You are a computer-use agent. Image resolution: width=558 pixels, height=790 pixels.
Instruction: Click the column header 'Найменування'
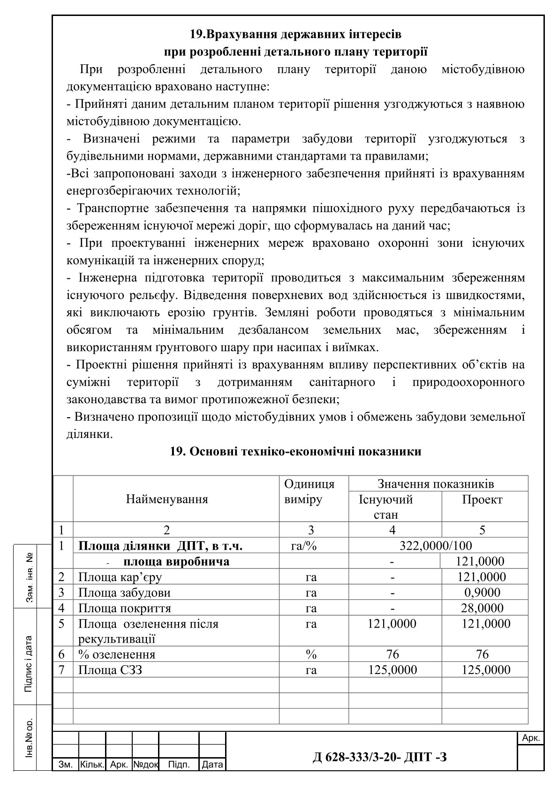[166, 499]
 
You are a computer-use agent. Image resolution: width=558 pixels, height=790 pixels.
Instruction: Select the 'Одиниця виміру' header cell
[309, 491]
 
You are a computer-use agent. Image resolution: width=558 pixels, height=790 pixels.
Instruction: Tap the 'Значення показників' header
[436, 484]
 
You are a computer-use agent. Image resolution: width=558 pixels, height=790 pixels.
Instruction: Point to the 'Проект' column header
[482, 499]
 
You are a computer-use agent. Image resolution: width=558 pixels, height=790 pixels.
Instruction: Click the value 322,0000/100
[436, 545]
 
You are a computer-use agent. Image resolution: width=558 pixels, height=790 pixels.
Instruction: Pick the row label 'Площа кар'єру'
[114, 577]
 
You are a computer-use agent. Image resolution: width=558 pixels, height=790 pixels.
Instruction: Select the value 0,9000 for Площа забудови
[482, 592]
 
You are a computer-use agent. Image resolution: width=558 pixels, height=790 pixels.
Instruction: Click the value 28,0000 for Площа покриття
[482, 608]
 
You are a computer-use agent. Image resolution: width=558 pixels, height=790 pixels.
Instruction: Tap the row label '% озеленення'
[116, 654]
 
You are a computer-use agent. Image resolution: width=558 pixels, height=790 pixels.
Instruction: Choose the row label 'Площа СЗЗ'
[110, 670]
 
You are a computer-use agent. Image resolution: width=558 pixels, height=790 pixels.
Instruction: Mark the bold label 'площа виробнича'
[176, 561]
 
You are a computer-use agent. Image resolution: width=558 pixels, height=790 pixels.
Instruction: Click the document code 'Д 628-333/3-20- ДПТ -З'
[379, 757]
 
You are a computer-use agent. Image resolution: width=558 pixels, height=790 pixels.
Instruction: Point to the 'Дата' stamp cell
[212, 765]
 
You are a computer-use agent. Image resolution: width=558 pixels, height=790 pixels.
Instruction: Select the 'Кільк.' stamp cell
[92, 765]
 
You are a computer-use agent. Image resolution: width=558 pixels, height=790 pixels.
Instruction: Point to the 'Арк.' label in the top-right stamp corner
[531, 738]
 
